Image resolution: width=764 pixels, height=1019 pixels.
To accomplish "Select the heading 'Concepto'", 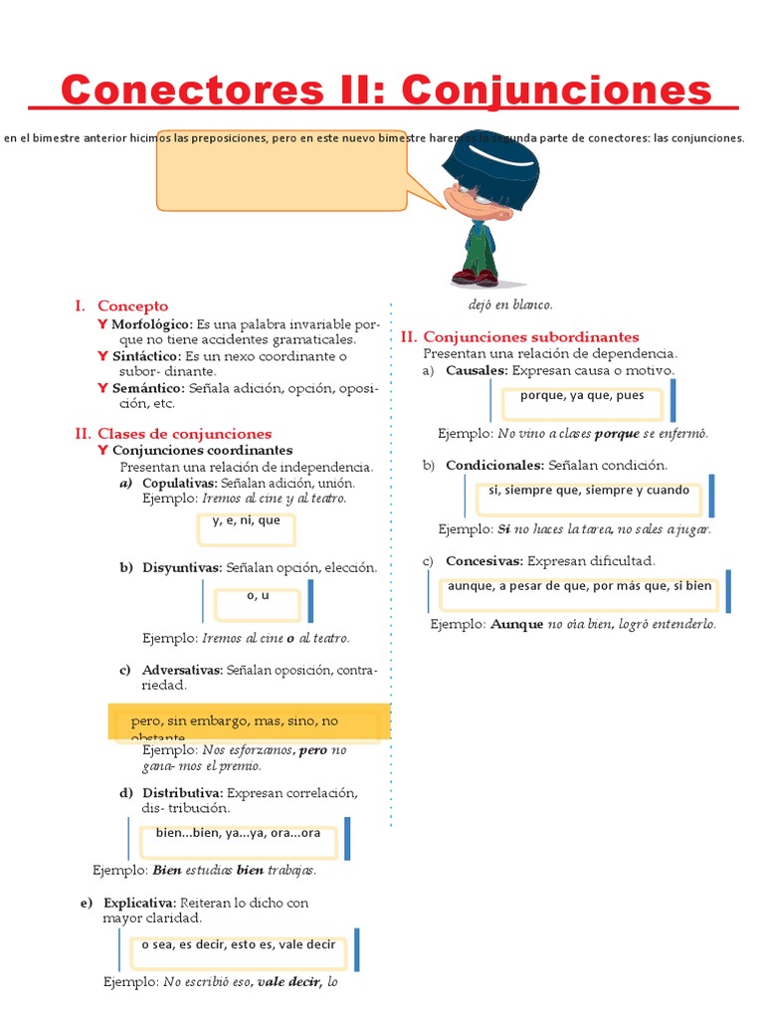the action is pos(132,306).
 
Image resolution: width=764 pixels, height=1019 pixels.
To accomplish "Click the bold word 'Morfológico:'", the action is pos(152,324).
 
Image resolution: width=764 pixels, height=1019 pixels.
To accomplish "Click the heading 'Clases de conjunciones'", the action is pos(184,434).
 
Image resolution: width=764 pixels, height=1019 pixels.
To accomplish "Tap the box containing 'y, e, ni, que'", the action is pos(247,528).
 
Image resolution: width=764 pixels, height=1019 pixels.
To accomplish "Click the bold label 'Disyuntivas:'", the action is pos(182,567).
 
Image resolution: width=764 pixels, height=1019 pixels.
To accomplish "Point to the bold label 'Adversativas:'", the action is pos(183,670).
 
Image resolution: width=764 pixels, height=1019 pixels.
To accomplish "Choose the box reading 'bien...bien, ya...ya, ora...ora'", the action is pos(238,838).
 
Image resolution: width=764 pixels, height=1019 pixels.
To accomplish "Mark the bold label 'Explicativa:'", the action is pos(140,903).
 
